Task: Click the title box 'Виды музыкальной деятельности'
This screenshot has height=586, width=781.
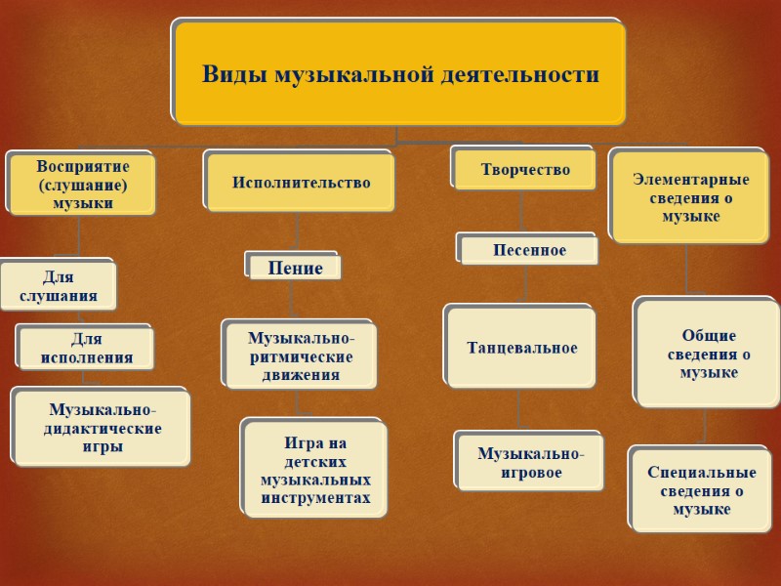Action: [400, 74]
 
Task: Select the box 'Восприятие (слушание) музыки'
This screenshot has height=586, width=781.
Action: [82, 184]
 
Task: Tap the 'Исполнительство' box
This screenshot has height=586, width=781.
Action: [302, 183]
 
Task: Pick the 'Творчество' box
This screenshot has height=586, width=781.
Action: [525, 169]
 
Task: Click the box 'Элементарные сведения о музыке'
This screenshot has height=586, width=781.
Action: [690, 197]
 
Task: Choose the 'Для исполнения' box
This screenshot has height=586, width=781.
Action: [87, 348]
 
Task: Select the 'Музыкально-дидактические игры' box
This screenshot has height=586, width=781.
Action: [103, 427]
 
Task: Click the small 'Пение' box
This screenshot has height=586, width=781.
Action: [295, 268]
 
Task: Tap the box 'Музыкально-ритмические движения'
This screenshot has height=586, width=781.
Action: [301, 356]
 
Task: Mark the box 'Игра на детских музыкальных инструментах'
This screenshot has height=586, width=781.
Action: [315, 470]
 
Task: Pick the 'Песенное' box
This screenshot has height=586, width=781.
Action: [529, 250]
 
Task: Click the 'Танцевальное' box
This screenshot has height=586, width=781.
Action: [521, 348]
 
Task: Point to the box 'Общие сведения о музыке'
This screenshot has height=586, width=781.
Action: [709, 354]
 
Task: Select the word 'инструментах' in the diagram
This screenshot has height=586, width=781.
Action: [315, 498]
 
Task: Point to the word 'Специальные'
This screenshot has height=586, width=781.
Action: [702, 473]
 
